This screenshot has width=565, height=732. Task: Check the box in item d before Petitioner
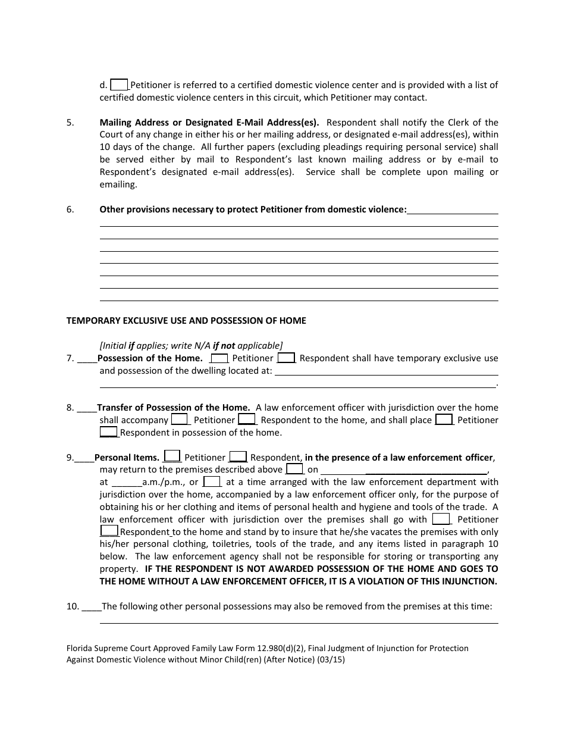[x=120, y=85]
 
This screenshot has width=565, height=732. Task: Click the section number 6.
[x=70, y=209]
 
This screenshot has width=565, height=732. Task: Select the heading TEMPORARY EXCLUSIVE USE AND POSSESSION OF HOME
[x=186, y=321]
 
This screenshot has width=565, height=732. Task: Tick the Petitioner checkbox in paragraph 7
[x=219, y=358]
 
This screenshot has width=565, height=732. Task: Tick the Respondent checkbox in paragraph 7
[x=286, y=358]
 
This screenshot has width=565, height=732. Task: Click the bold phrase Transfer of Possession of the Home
[x=173, y=408]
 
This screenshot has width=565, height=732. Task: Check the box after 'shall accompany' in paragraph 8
[x=179, y=420]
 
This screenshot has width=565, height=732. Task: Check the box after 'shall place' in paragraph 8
[x=444, y=420]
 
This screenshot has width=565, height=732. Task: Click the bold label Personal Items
[x=127, y=458]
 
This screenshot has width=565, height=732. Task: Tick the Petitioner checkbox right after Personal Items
[x=172, y=457]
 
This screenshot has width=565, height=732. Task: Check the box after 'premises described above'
[x=294, y=470]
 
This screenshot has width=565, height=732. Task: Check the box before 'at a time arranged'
[x=212, y=482]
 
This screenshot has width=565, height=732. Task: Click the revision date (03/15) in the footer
[x=331, y=660]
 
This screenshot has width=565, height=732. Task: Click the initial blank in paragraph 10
[x=91, y=608]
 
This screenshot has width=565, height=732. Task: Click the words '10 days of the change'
[x=146, y=147]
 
